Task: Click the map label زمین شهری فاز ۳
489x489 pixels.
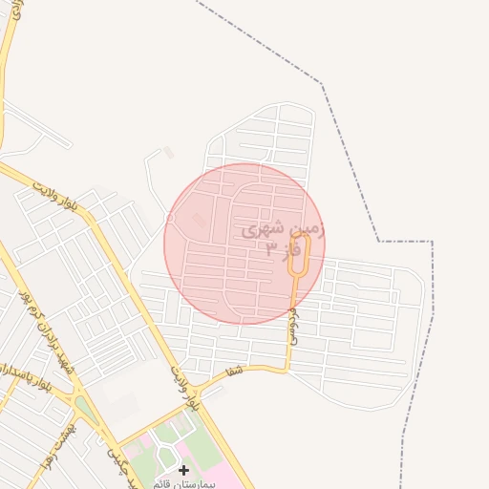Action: click(284, 239)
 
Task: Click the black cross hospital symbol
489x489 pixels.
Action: click(183, 470)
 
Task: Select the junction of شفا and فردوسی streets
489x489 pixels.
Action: click(287, 366)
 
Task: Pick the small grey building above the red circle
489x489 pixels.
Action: click(169, 152)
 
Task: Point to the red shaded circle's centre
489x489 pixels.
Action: click(244, 244)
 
